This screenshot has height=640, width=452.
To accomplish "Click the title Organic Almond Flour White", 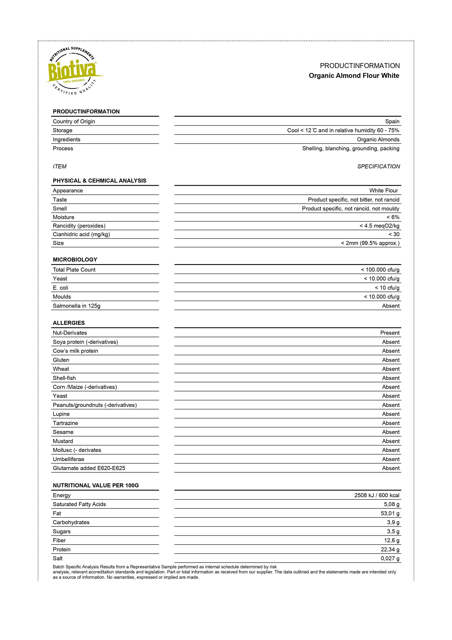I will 354,76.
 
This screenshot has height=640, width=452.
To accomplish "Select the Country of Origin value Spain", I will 392,121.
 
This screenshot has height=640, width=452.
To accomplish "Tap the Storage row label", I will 63,130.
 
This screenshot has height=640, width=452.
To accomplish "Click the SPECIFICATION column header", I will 379,166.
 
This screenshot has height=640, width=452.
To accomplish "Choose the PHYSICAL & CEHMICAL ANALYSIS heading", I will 100,181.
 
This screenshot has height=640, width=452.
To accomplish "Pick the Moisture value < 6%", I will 393,217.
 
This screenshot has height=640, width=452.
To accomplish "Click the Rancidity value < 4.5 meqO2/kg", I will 379,226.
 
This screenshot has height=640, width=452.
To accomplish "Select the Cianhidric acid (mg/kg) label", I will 81,234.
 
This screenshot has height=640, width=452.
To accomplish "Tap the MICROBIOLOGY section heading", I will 75,260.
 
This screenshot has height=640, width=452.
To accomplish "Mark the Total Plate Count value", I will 380,270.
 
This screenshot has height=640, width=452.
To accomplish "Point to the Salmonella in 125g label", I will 77,306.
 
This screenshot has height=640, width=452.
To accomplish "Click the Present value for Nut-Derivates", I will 390,333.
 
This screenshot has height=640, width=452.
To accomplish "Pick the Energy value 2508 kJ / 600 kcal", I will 377,495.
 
